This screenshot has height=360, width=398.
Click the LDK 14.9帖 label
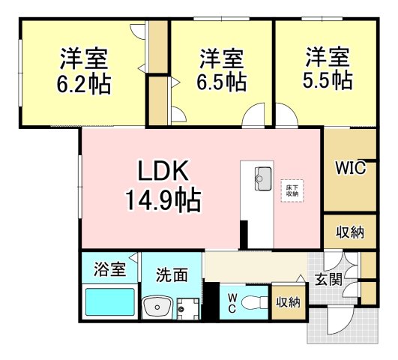pos(163,185)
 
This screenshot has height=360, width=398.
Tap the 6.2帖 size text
pos(84,84)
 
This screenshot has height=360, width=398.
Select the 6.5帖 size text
pos(222,82)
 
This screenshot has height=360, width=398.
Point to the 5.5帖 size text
pos(328,80)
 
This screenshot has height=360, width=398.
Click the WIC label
pos(350,168)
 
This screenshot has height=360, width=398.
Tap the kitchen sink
pos(263,178)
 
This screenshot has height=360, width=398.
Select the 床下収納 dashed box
pos(292,190)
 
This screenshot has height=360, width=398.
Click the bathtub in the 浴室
pos(109,302)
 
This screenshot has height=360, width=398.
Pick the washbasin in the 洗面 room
pos(157,307)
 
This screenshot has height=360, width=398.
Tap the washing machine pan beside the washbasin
pos(188,308)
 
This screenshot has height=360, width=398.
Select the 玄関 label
pos(329,280)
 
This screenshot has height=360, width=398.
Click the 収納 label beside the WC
pos(289,302)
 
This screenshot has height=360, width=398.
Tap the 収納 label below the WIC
pos(350,232)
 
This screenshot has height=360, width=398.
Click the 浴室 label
pos(109,269)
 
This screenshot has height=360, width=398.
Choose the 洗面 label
pos(172,275)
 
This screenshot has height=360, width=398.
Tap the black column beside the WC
pos(211,301)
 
